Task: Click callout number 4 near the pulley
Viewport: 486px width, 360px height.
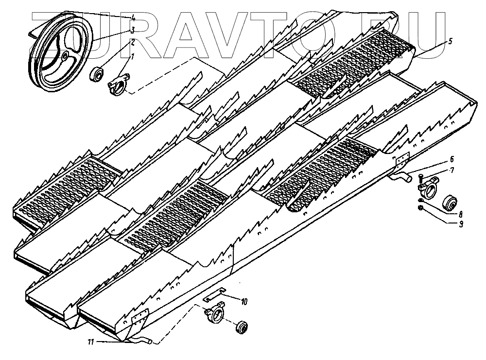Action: [x=133, y=18]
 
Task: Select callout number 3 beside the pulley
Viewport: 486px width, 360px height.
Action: [x=133, y=30]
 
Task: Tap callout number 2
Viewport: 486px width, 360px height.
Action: [x=133, y=42]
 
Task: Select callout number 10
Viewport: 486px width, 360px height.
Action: [x=243, y=302]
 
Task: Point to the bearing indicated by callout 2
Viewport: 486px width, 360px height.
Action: [x=96, y=73]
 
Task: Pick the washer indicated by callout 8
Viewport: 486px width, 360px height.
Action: [x=419, y=201]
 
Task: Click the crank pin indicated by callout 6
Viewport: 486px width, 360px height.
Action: [x=403, y=177]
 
